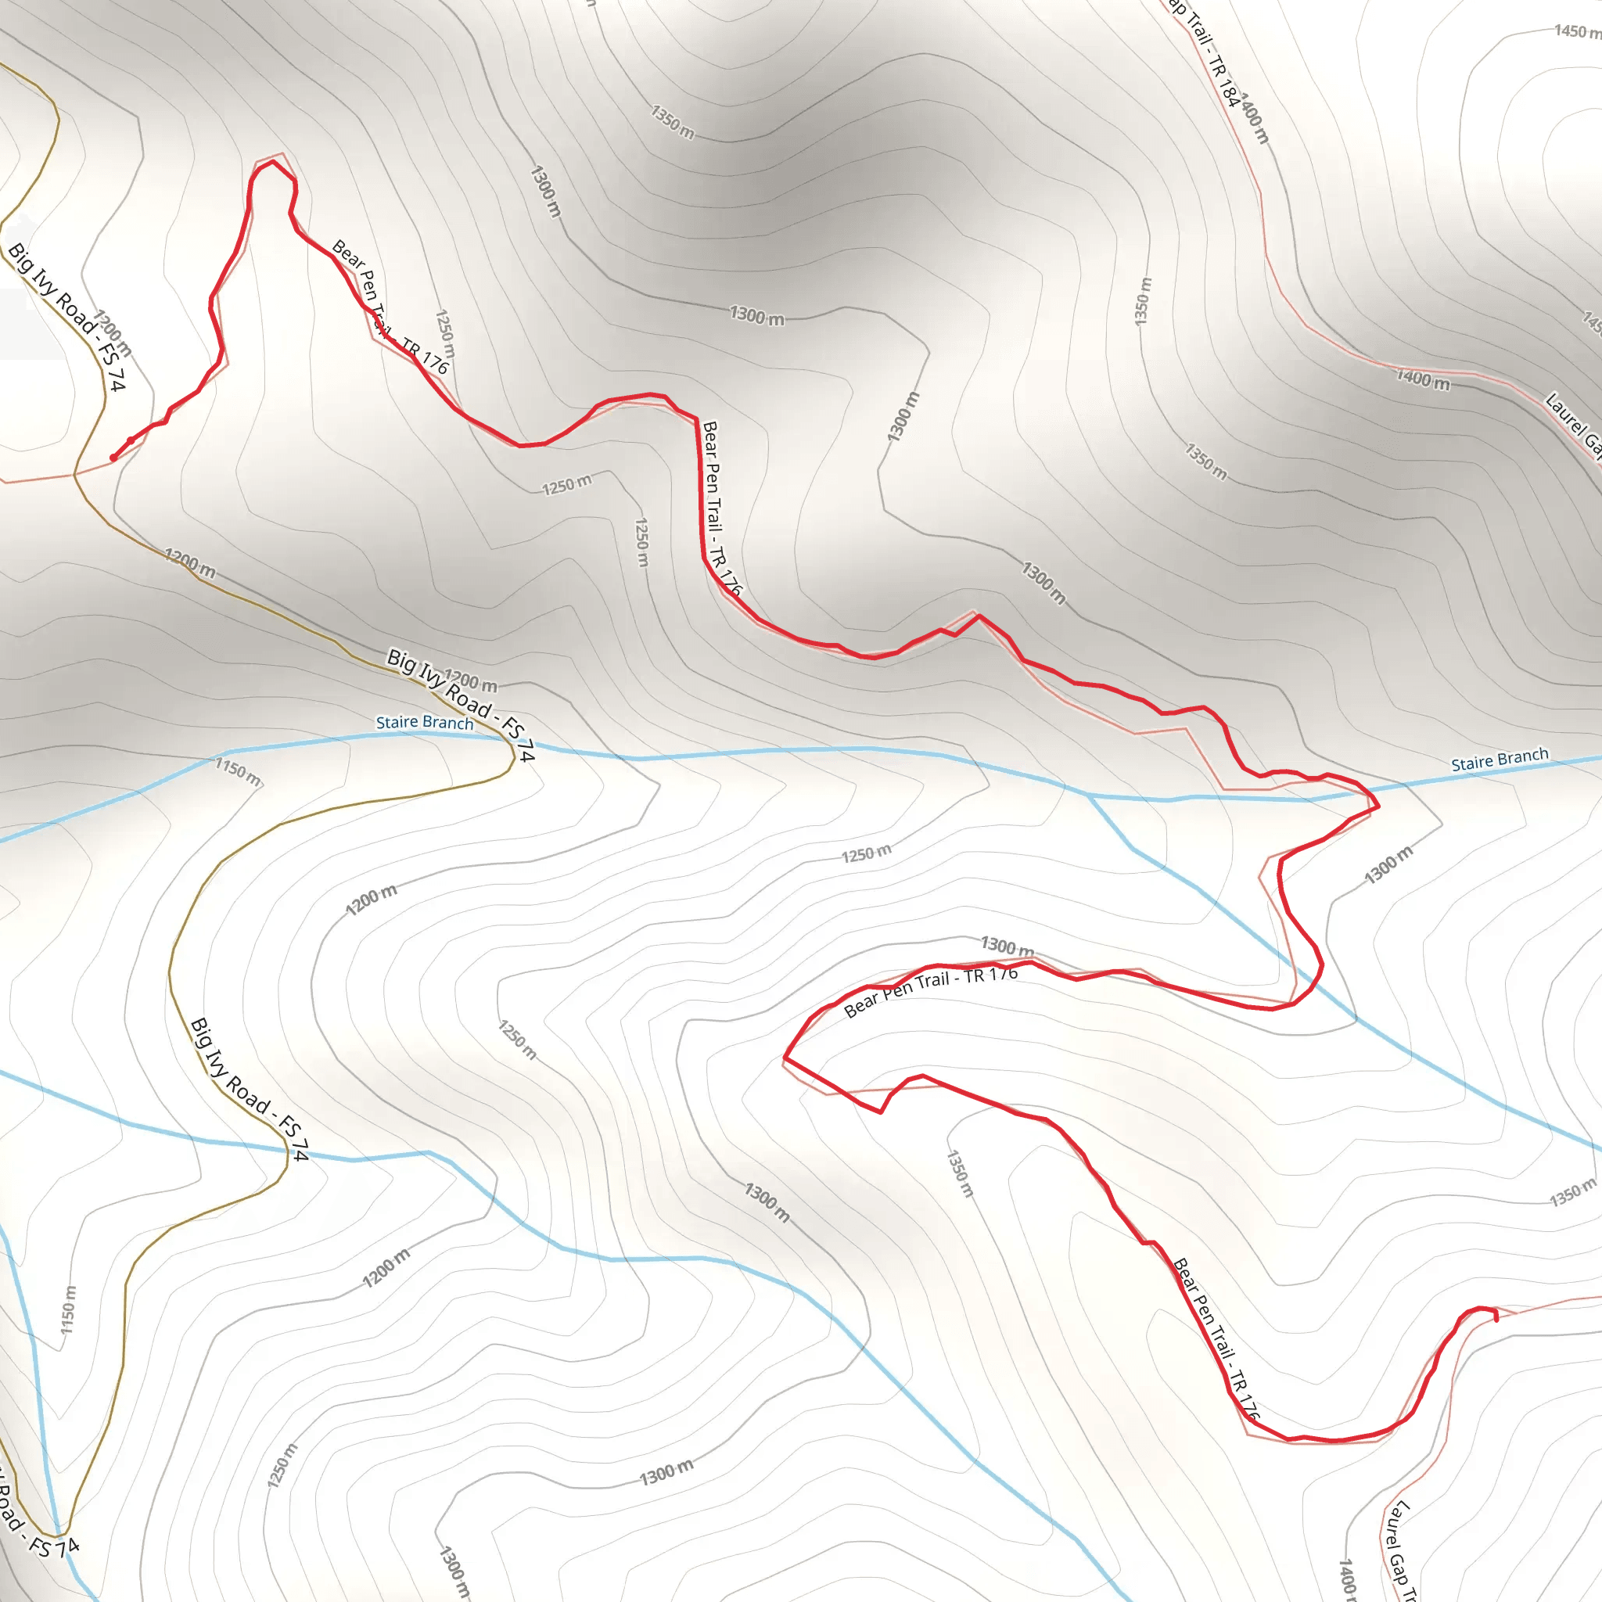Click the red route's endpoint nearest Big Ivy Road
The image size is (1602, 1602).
(x=113, y=458)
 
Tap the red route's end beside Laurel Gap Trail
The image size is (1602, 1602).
(x=1496, y=1320)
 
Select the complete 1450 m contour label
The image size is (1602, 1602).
(x=1576, y=31)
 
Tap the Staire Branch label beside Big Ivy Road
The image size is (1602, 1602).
(x=425, y=722)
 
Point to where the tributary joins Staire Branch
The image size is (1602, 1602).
(x=1089, y=796)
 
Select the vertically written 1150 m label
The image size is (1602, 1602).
(x=68, y=1310)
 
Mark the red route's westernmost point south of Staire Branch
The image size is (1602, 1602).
(x=785, y=1059)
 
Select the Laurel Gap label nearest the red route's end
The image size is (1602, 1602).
(x=1399, y=1549)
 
